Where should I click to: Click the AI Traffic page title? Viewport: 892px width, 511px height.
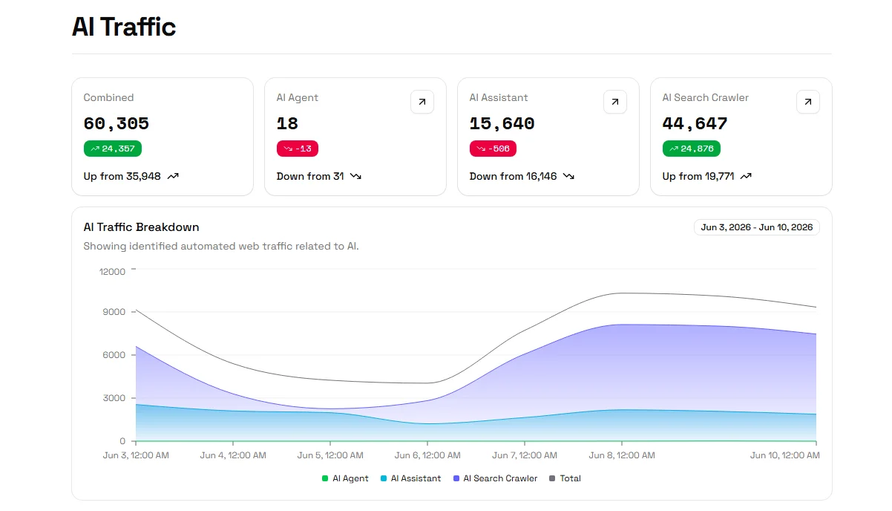click(x=123, y=27)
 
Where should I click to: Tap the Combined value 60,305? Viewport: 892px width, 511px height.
click(x=116, y=123)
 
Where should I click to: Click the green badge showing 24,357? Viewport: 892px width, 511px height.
click(x=113, y=149)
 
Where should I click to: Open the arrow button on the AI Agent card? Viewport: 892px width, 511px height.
click(x=422, y=102)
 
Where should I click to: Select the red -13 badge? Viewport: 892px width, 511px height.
click(x=298, y=149)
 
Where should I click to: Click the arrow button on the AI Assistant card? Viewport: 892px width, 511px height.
click(x=615, y=102)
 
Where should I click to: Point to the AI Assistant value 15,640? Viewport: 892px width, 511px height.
click(x=502, y=123)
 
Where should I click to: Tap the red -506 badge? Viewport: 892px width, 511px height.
click(x=493, y=149)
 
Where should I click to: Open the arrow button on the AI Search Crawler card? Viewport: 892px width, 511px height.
click(x=808, y=102)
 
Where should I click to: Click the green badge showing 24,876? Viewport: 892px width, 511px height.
click(x=692, y=149)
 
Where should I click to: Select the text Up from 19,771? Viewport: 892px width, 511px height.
click(x=698, y=176)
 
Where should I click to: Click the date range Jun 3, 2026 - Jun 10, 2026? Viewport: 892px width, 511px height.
click(x=757, y=227)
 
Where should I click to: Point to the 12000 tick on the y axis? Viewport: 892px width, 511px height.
click(x=112, y=272)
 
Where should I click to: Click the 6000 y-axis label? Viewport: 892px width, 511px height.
click(x=114, y=355)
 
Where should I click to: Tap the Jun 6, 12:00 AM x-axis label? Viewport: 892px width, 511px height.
click(x=427, y=455)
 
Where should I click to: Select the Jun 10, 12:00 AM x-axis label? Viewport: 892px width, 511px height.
click(x=785, y=455)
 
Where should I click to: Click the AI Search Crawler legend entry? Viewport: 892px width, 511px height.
click(x=496, y=478)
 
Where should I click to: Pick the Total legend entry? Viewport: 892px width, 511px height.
click(x=565, y=478)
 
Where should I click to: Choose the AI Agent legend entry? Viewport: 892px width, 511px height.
click(x=345, y=478)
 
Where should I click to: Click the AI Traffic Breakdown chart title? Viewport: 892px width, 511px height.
click(x=141, y=227)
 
